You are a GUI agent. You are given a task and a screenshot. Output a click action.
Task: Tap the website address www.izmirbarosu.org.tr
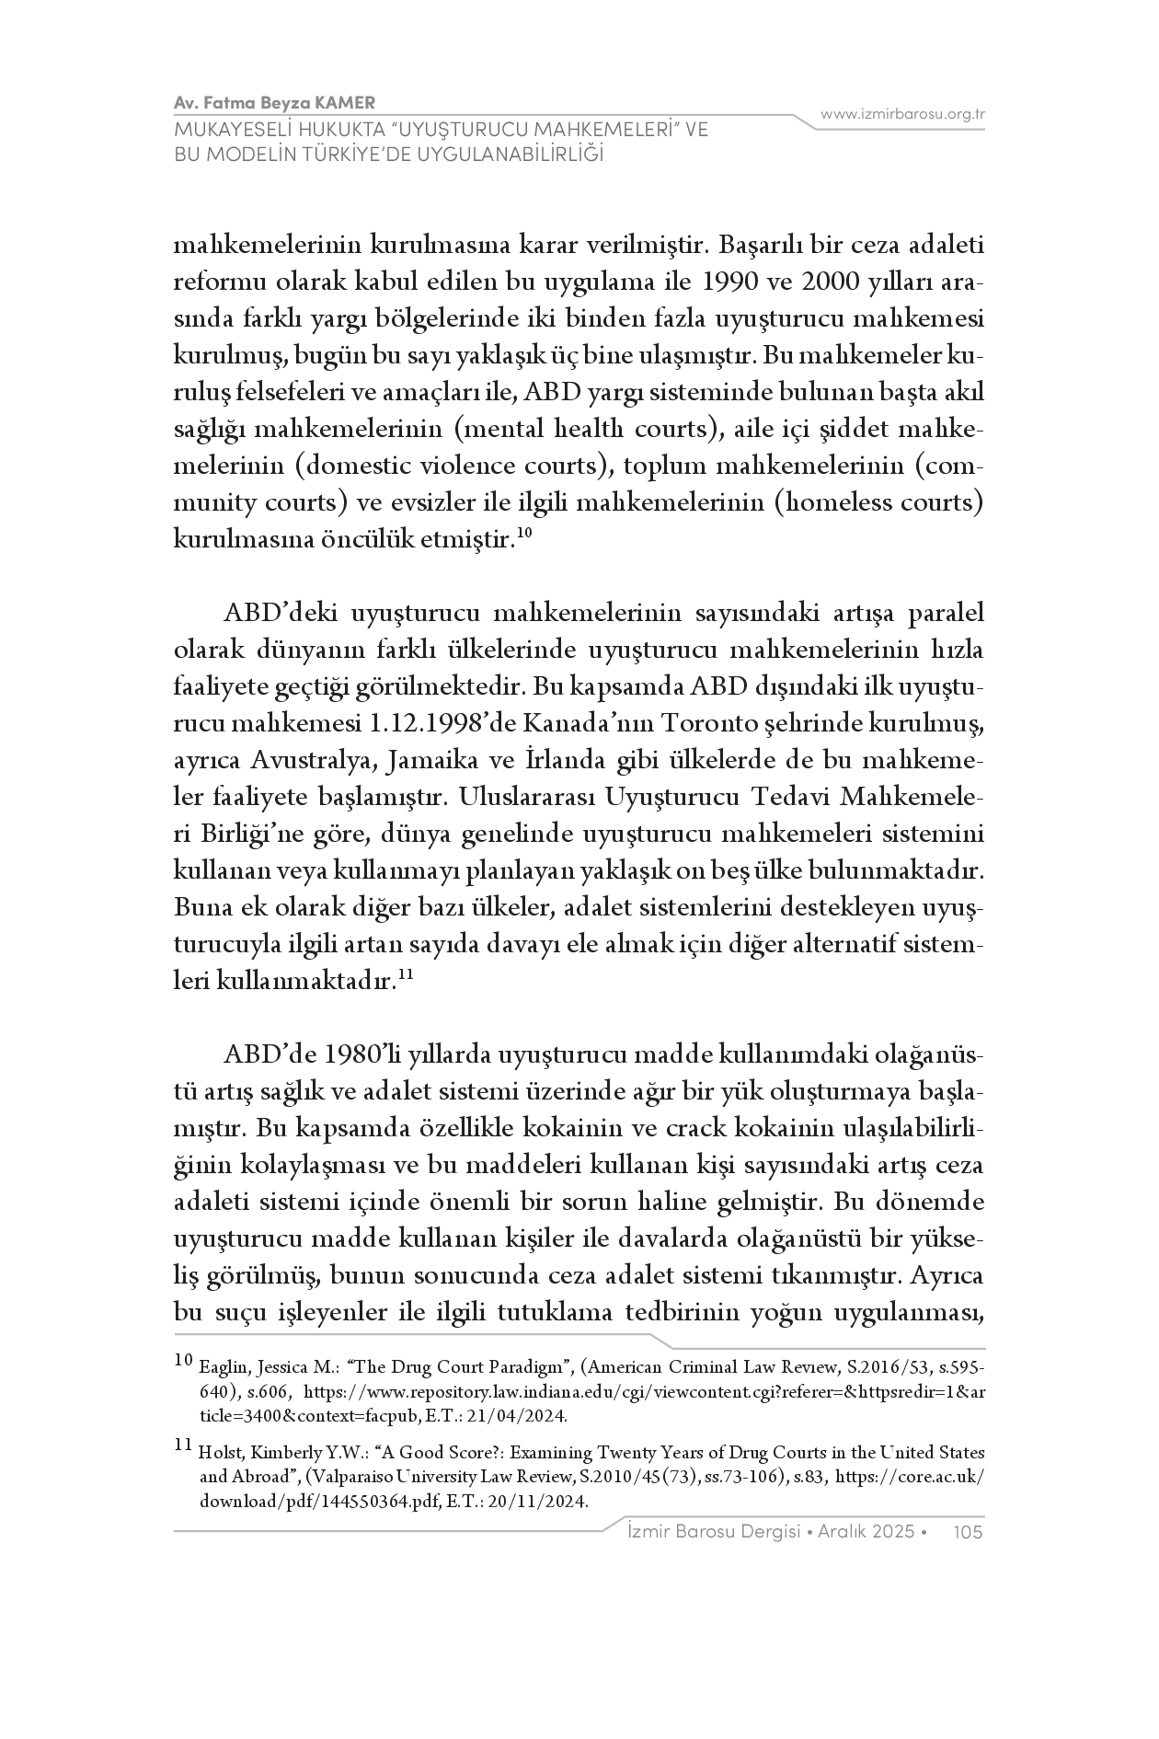[903, 114]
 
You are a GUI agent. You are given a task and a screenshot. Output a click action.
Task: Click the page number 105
[970, 1532]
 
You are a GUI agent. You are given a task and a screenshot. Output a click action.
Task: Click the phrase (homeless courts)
[879, 503]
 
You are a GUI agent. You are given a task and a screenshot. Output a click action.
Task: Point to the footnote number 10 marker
[182, 1359]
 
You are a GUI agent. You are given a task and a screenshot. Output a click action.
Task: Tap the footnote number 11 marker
[182, 1445]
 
